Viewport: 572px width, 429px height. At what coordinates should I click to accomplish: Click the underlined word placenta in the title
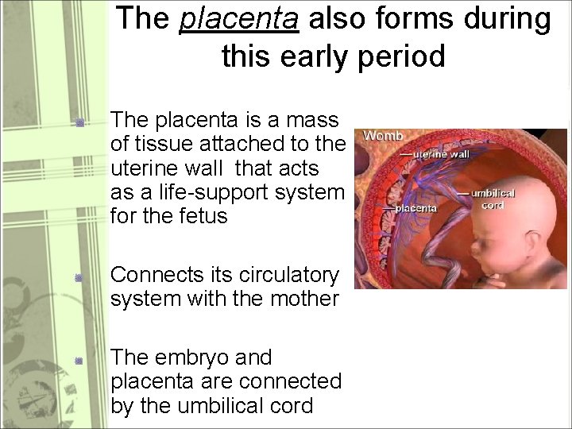239,20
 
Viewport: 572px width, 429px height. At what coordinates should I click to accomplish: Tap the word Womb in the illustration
383,136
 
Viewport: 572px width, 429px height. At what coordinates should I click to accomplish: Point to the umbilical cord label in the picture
493,199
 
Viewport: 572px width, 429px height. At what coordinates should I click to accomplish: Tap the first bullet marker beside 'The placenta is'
79,123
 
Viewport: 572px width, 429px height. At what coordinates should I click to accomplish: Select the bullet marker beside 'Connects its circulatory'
79,277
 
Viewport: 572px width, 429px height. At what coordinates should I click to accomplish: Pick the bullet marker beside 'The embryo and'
79,360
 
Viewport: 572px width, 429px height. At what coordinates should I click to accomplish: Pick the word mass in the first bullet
312,122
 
